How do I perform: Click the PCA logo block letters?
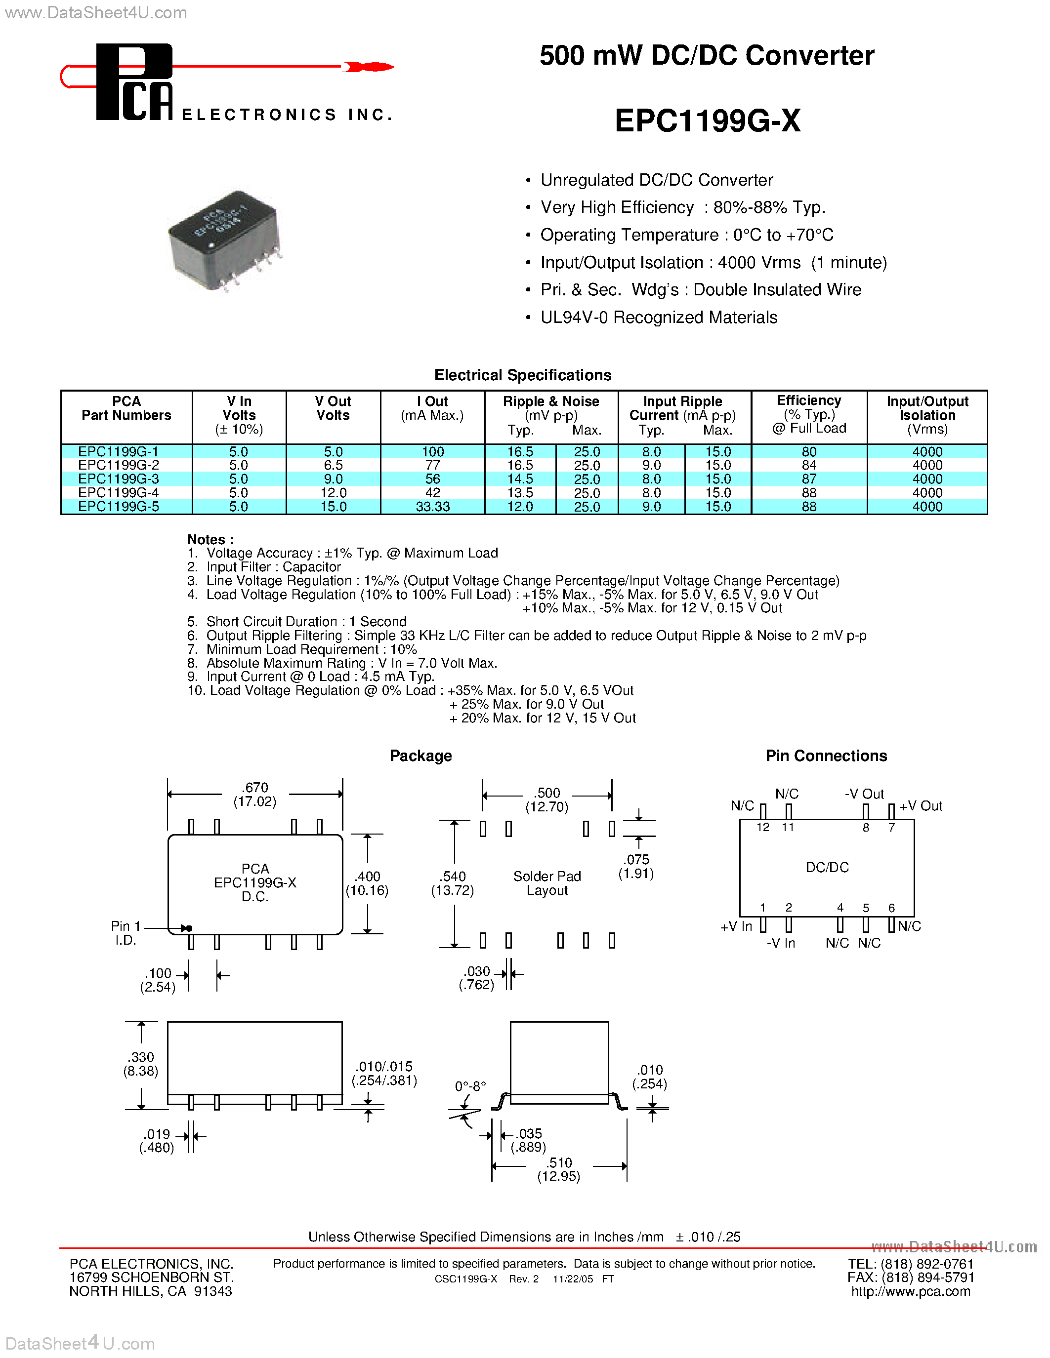click(x=134, y=82)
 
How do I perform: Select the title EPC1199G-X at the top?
click(x=707, y=120)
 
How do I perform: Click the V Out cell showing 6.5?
click(x=333, y=465)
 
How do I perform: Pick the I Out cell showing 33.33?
click(x=432, y=507)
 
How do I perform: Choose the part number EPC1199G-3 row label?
click(x=118, y=479)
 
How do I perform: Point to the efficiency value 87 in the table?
click(x=809, y=479)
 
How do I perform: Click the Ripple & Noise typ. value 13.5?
click(x=520, y=492)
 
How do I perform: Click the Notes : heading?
click(x=210, y=539)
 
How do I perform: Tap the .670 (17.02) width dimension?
click(x=255, y=794)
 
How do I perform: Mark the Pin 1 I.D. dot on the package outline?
click(x=189, y=928)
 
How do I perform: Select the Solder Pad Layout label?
click(x=547, y=883)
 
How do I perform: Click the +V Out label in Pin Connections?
click(x=921, y=806)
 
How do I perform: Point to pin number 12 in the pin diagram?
click(x=762, y=827)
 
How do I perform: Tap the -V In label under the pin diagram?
click(x=781, y=943)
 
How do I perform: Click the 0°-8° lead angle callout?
click(x=470, y=1086)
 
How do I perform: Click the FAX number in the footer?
click(x=911, y=1277)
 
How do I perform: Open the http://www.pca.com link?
click(x=911, y=1291)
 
